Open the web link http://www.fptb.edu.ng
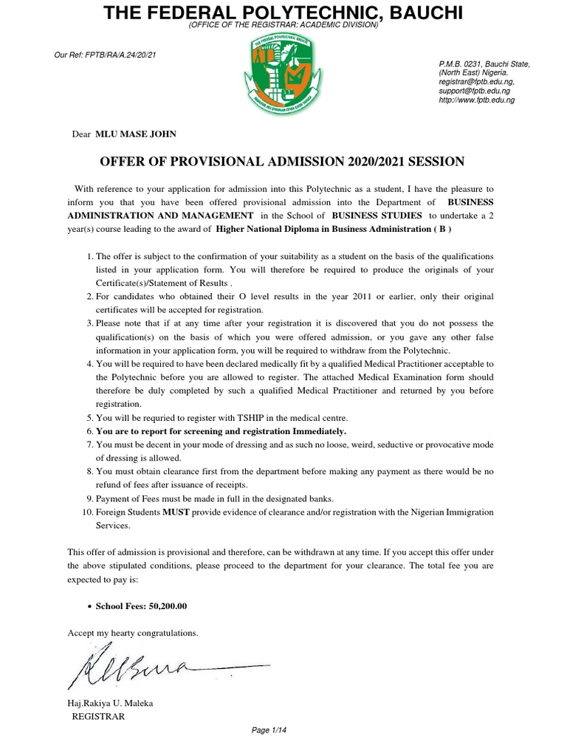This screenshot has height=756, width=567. [478, 99]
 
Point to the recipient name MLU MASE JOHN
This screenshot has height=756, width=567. [131, 134]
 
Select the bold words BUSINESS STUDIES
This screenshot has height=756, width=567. [377, 216]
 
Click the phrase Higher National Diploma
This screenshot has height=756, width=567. [272, 229]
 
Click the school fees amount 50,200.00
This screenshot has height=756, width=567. [163, 605]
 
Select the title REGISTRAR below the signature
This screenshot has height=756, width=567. [98, 716]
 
